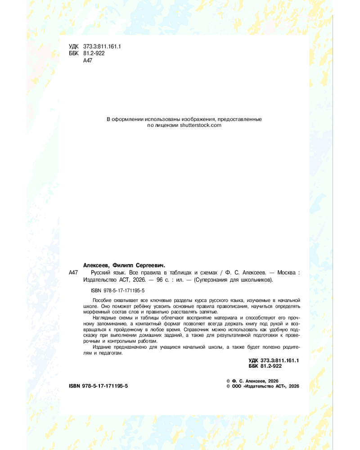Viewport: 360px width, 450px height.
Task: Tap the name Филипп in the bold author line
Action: pyautogui.click(x=124, y=265)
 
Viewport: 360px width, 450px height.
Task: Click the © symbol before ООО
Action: pyautogui.click(x=228, y=386)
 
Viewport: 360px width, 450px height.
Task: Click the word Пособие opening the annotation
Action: pyautogui.click(x=102, y=300)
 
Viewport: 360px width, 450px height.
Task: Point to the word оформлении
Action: pyautogui.click(x=127, y=119)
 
